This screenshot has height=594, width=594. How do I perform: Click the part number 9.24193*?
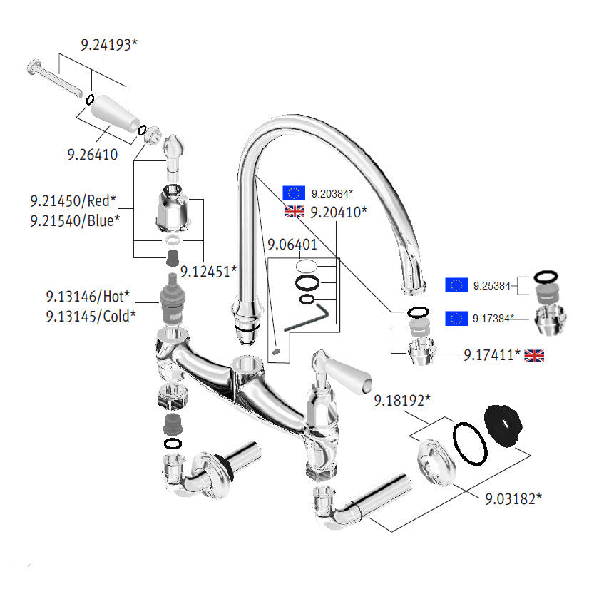click(108, 44)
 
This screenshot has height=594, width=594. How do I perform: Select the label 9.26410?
click(93, 153)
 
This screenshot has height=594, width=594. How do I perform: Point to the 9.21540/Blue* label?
click(74, 220)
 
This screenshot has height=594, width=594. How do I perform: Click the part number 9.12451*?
click(208, 270)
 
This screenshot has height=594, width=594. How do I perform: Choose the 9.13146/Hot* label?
click(88, 295)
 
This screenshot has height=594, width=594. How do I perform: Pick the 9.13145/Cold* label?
click(91, 315)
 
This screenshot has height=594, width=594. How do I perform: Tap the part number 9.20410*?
click(339, 212)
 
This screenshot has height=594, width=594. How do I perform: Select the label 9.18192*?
click(402, 401)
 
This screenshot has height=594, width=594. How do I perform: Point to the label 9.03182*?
click(513, 497)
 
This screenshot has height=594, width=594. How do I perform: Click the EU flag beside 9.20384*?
click(294, 193)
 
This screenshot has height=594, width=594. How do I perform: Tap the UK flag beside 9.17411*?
click(535, 354)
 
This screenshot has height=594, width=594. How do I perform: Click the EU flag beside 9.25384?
click(456, 285)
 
